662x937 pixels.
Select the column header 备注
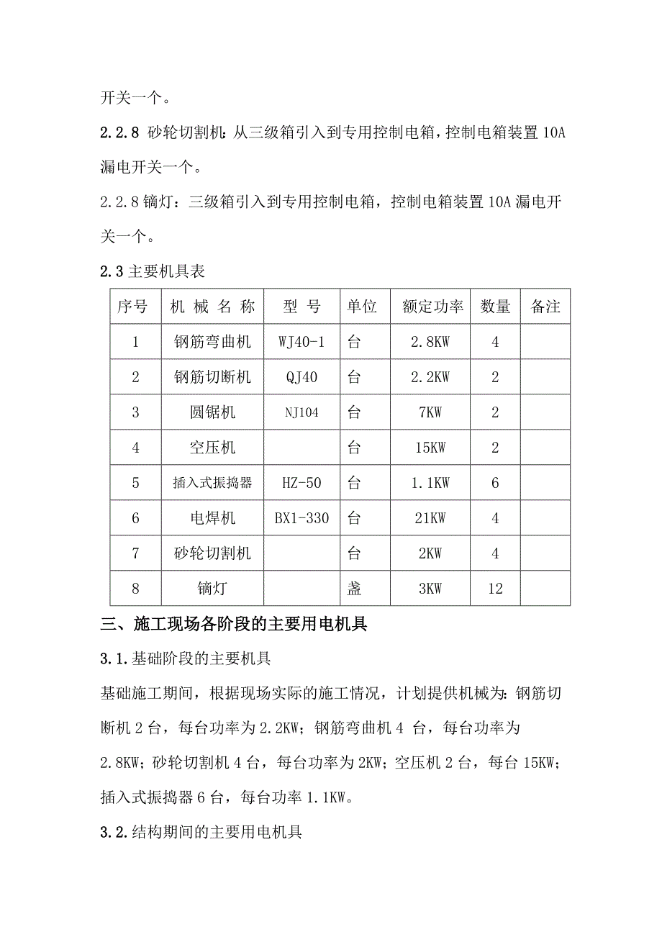pyautogui.click(x=545, y=307)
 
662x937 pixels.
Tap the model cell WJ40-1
pyautogui.click(x=301, y=343)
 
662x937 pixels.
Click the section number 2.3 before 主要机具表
pyautogui.click(x=113, y=272)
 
